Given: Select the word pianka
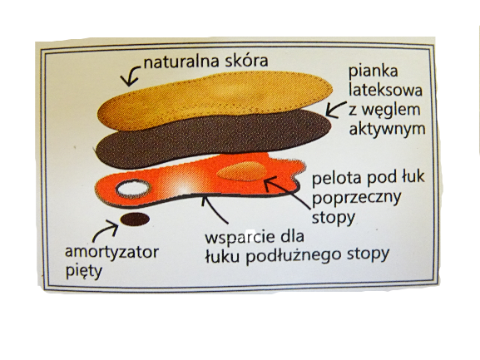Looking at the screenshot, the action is tap(374, 72).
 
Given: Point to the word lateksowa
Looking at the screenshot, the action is tap(386, 90).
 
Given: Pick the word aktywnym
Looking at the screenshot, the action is tap(388, 130).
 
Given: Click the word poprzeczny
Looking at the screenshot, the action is tap(357, 199).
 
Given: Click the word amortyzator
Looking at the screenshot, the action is tap(111, 253).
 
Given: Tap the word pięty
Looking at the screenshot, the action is tap(83, 272).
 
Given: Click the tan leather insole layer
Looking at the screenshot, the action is tap(215, 101).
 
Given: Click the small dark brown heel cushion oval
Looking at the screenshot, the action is tap(135, 219).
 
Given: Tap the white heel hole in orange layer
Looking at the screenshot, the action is tap(133, 189).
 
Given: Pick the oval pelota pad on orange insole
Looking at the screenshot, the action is tap(242, 171).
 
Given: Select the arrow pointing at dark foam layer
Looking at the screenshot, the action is tap(335, 110).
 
